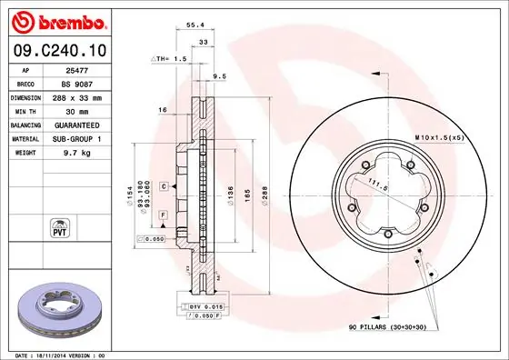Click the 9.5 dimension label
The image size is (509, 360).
pos(218,76)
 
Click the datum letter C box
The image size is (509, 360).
pos(164,186)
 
